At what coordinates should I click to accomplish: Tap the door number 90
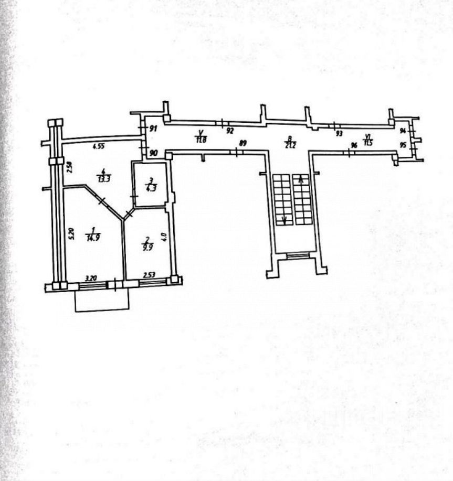pyautogui.click(x=153, y=153)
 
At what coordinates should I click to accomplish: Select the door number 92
pyautogui.click(x=229, y=132)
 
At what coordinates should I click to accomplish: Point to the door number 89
pyautogui.click(x=243, y=143)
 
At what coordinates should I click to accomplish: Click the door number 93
pyautogui.click(x=339, y=134)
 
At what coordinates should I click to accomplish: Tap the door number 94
pyautogui.click(x=403, y=131)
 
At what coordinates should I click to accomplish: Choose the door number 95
pyautogui.click(x=403, y=145)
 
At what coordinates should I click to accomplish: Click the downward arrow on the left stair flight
pyautogui.click(x=285, y=220)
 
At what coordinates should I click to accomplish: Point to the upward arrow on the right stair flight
pyautogui.click(x=301, y=181)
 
